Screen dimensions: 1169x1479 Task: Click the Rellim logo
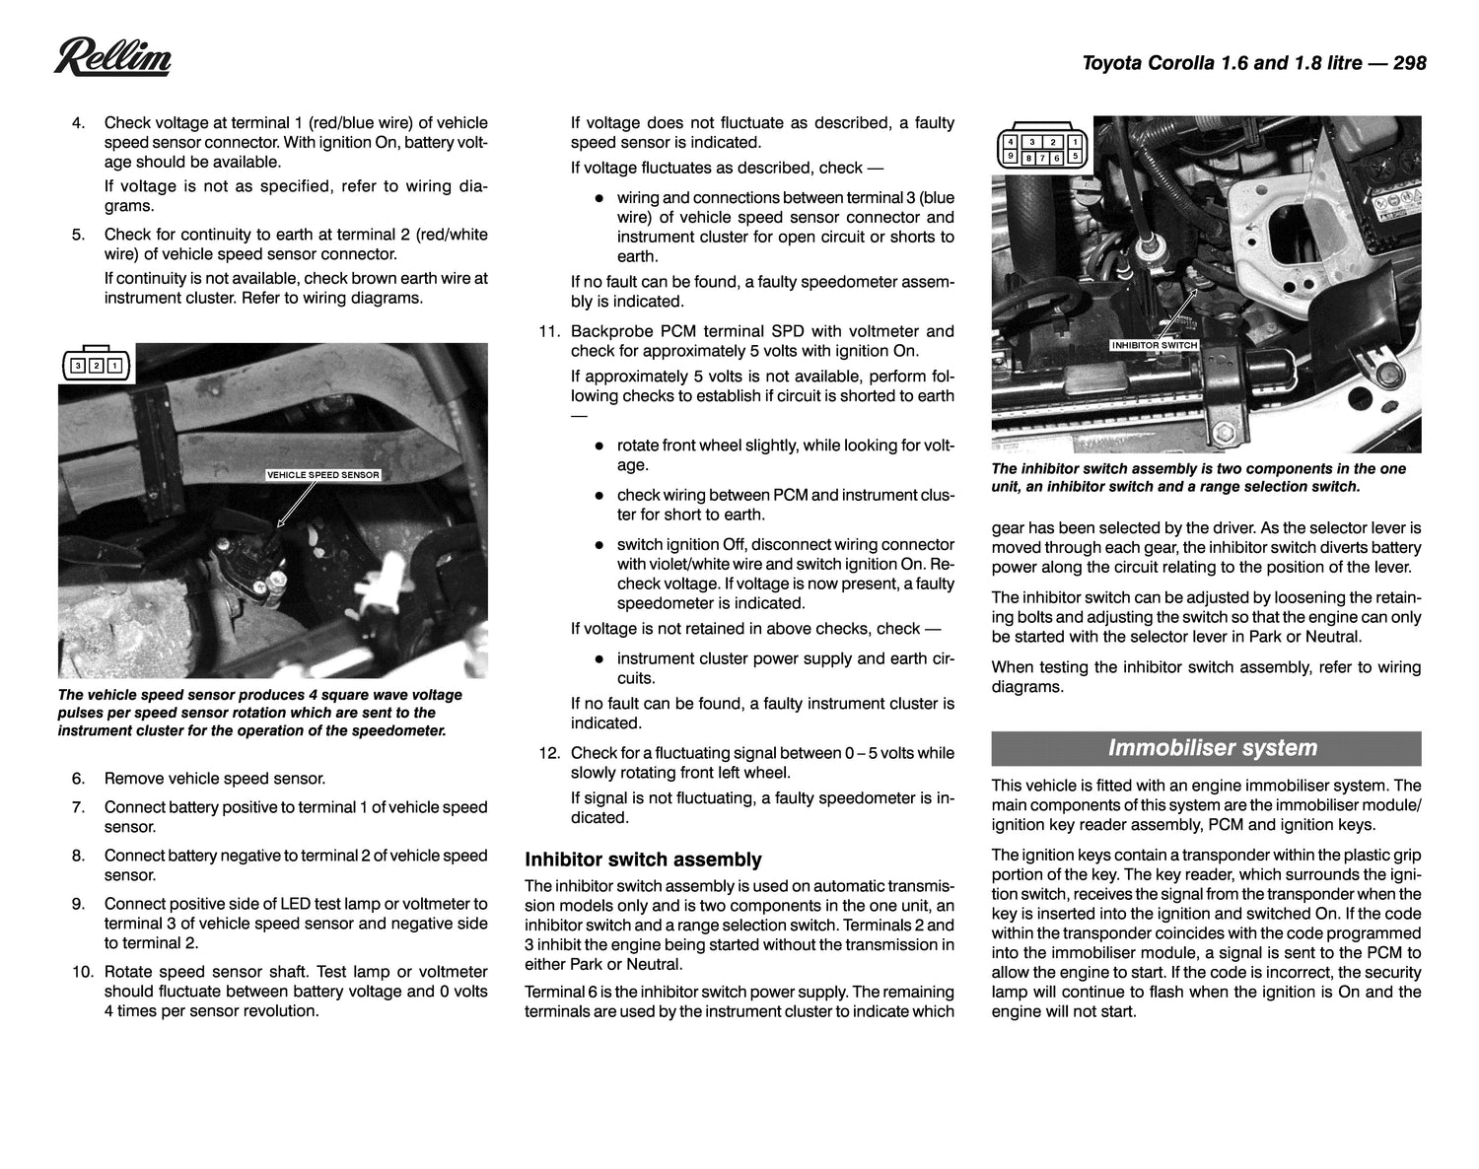point(112,58)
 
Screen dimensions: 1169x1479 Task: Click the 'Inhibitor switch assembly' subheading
point(643,860)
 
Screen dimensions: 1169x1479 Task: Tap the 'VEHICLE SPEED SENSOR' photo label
point(322,475)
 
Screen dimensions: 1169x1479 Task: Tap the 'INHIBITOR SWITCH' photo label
point(1154,345)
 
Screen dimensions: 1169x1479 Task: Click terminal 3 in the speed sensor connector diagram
point(77,367)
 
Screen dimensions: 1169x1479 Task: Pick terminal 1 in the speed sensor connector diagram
point(115,367)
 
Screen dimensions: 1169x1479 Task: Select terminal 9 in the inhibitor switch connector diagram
point(1009,157)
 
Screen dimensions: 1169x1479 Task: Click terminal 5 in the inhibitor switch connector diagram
point(1075,157)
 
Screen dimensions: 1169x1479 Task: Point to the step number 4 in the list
point(78,123)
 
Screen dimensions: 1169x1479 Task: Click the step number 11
point(549,332)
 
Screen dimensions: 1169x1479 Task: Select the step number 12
point(549,753)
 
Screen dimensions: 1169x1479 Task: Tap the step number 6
point(78,779)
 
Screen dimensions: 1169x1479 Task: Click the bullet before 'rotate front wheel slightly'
point(598,446)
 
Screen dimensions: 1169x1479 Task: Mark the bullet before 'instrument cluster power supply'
point(598,658)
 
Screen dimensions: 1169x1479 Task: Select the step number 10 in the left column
point(82,972)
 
